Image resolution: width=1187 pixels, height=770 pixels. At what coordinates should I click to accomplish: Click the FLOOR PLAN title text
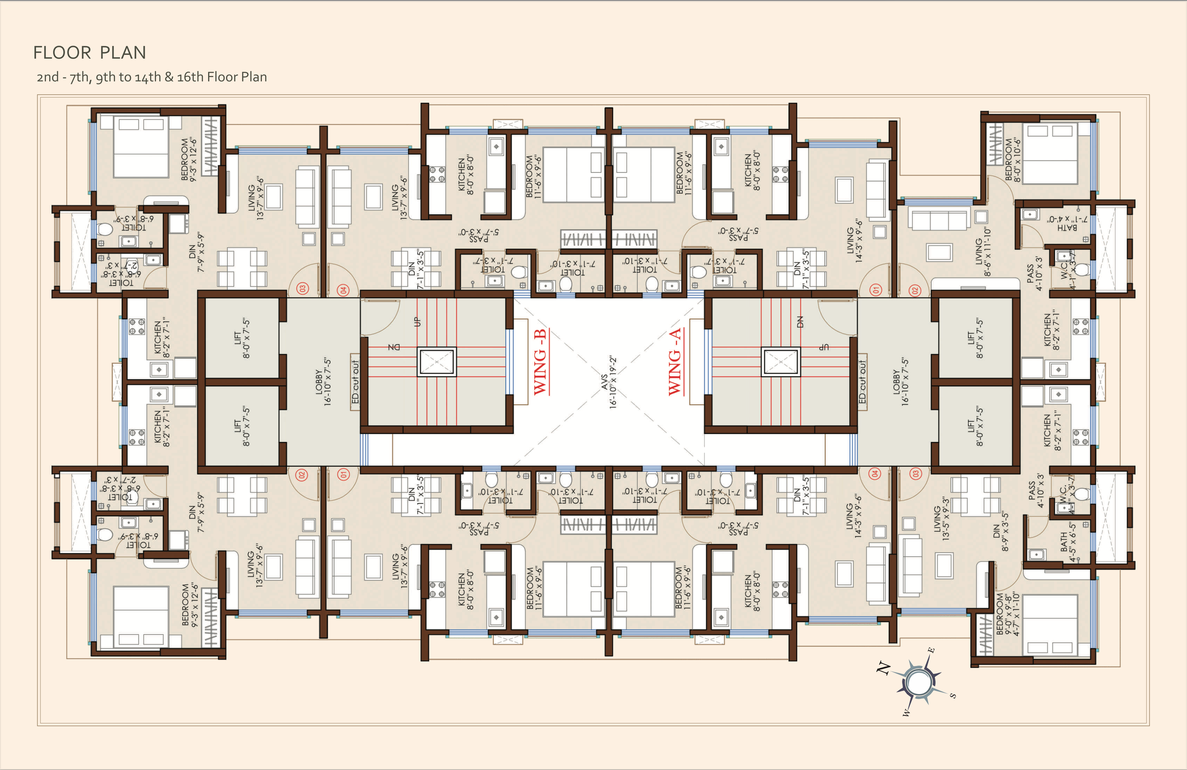90,53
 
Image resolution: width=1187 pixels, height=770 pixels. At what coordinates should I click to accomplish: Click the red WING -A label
675,362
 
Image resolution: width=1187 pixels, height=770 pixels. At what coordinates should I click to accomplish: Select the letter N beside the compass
884,668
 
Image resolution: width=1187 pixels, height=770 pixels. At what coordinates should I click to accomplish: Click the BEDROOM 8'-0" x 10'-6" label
1013,160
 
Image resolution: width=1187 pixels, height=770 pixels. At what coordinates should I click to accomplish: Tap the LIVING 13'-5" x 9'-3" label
941,519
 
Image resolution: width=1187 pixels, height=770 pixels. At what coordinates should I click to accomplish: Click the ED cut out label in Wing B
355,382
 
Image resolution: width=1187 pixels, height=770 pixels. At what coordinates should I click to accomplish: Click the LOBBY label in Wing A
901,382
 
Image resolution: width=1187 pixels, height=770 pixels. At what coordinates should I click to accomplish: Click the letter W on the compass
906,713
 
